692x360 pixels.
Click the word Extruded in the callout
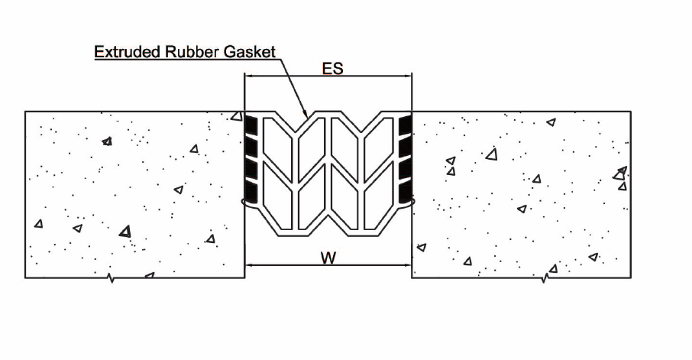[x=127, y=52]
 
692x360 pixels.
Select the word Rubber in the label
[x=192, y=52]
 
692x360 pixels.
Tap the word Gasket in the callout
[x=250, y=52]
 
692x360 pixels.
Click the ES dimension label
[x=332, y=69]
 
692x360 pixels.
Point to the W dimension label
[x=328, y=258]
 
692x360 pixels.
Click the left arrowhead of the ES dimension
[x=249, y=76]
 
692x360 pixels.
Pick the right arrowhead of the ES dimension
[x=407, y=76]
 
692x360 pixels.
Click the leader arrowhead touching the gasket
[x=305, y=113]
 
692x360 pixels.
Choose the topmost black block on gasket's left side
[x=251, y=125]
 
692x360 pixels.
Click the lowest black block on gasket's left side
[x=251, y=191]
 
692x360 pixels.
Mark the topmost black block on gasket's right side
[x=405, y=125]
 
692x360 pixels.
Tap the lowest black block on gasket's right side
[x=405, y=191]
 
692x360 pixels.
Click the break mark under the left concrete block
[x=112, y=278]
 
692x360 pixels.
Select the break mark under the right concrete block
[x=545, y=278]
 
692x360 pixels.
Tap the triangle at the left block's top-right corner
[x=238, y=116]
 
